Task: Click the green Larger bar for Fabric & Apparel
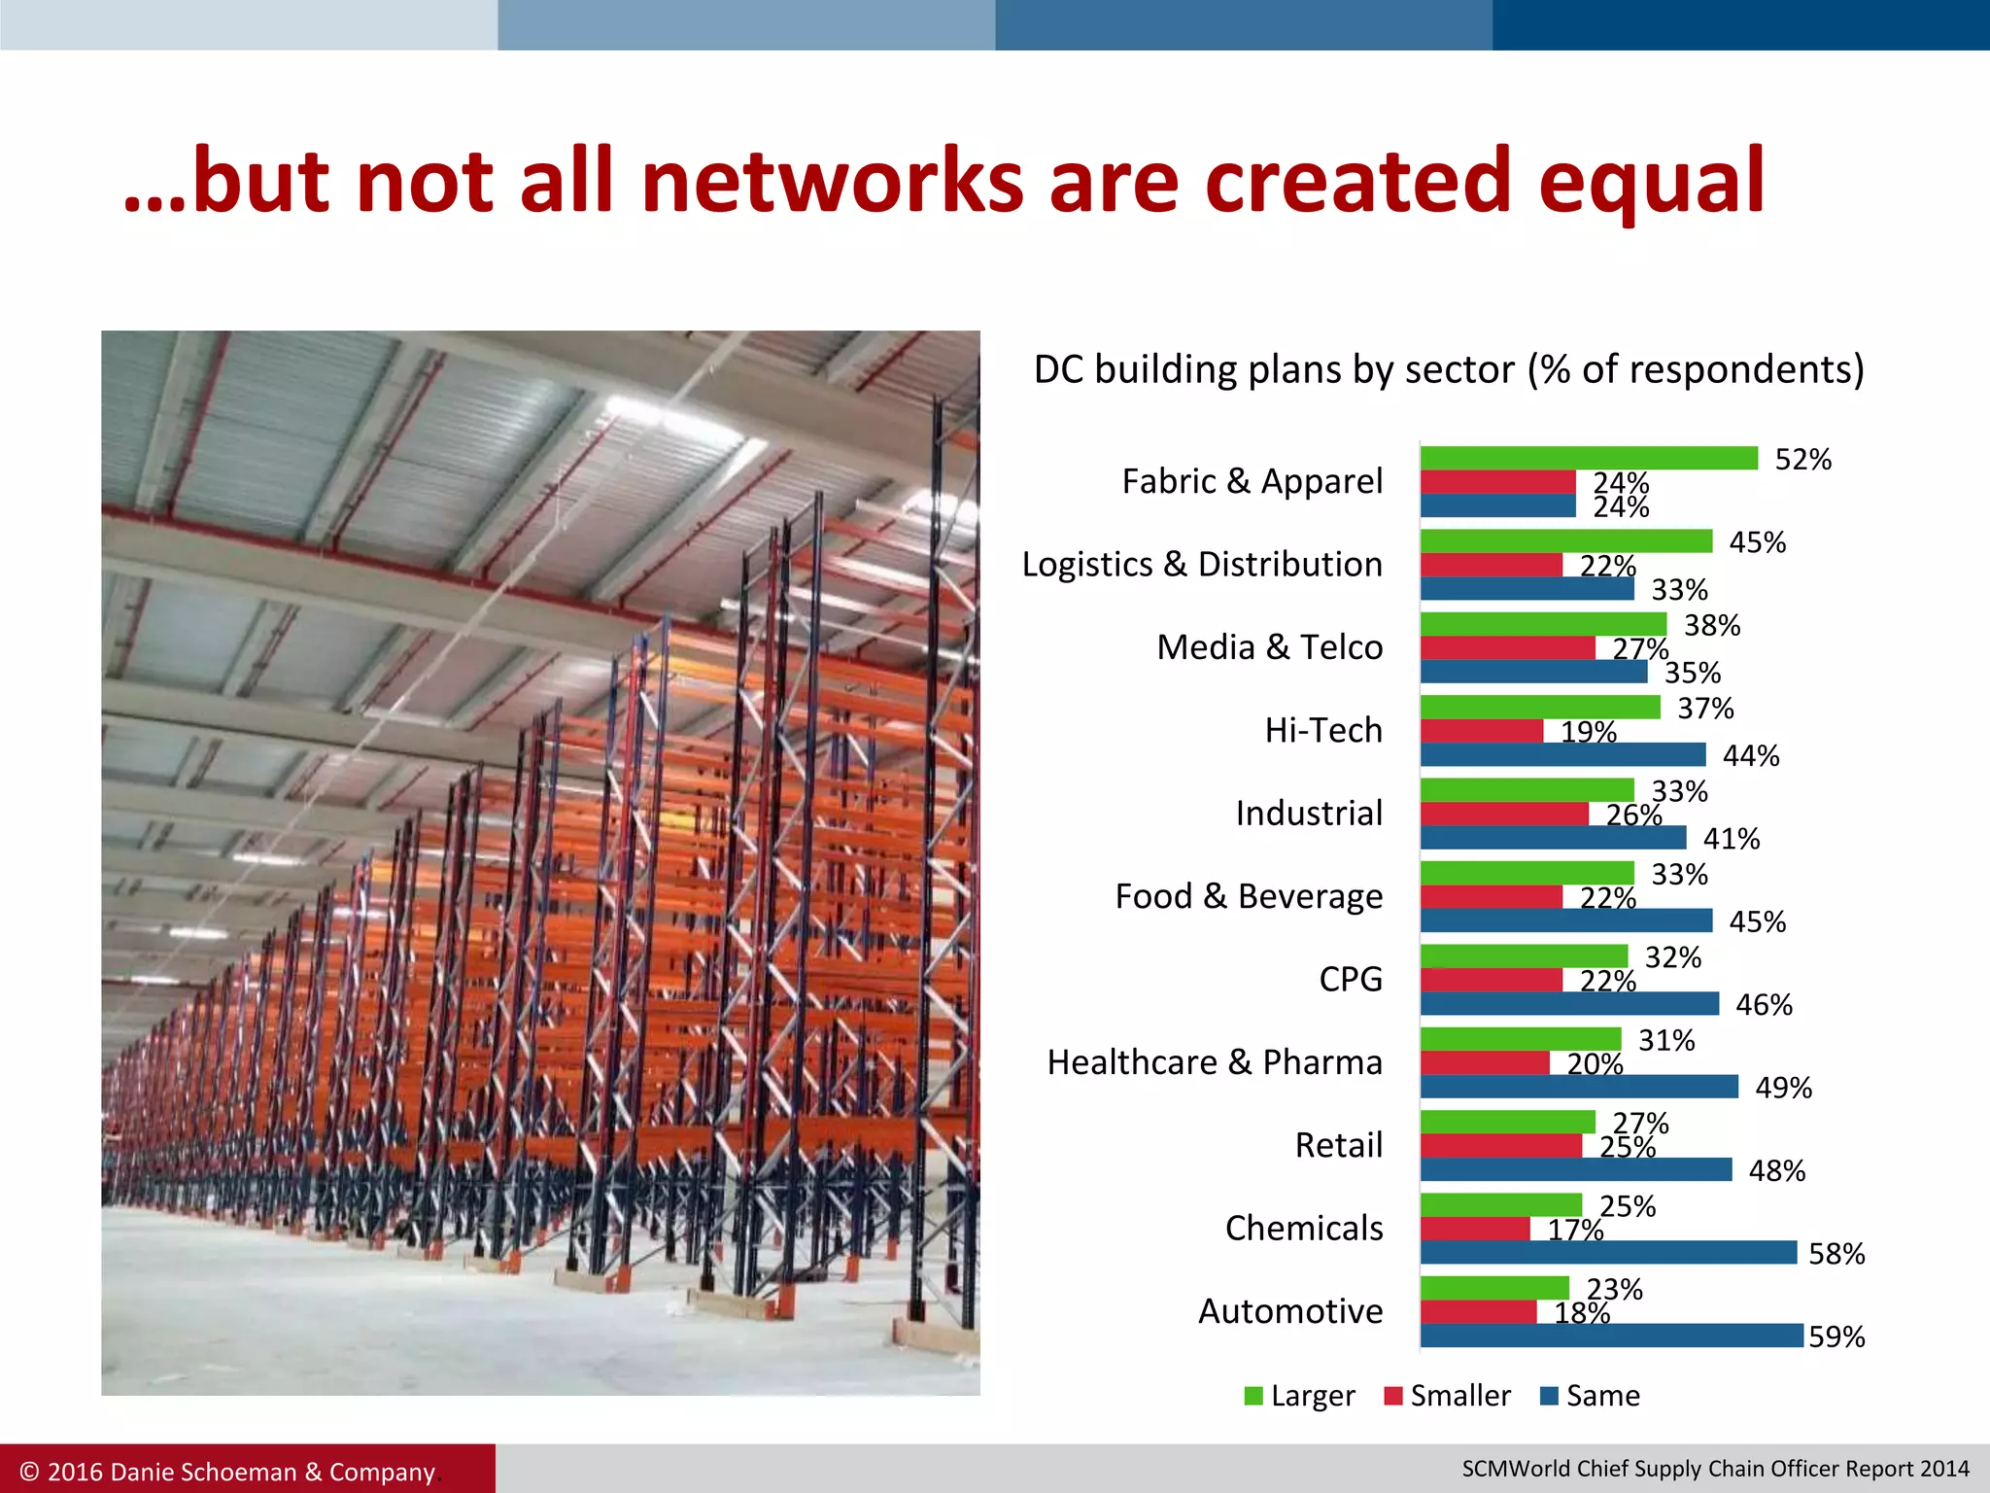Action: [x=1589, y=458]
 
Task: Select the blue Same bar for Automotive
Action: [x=1611, y=1336]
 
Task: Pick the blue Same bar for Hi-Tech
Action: [x=1562, y=754]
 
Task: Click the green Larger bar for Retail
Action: [x=1507, y=1123]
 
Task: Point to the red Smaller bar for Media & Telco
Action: [x=1507, y=648]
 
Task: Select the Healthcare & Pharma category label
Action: [x=1215, y=1062]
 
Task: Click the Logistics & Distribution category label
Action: [x=1202, y=565]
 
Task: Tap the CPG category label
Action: [x=1351, y=979]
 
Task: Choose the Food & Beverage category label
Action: [x=1249, y=896]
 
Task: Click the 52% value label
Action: [x=1802, y=460]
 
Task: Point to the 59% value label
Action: [x=1836, y=1337]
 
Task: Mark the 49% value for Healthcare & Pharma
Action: [x=1783, y=1088]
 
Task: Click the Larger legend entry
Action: [x=1300, y=1396]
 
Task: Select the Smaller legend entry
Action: [x=1448, y=1396]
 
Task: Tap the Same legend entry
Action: [x=1591, y=1396]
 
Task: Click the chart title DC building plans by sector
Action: [x=1449, y=370]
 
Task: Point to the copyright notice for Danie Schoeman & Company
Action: [x=227, y=1472]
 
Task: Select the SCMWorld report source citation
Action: [x=1715, y=1469]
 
